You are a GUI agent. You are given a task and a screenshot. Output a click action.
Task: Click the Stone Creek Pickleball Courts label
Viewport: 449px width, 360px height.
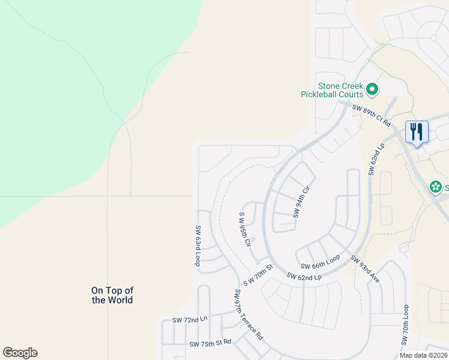click(332, 91)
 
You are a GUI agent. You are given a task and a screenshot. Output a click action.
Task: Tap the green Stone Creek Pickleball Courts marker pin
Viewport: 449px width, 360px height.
click(372, 90)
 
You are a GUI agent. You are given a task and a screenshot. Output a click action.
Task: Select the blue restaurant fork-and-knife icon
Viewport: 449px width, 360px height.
click(417, 132)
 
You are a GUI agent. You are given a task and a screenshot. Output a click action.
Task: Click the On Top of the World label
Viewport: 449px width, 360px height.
click(112, 295)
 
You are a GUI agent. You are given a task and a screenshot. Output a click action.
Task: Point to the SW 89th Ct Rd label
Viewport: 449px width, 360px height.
click(372, 116)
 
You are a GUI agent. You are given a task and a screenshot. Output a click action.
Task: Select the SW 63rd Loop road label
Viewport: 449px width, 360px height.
click(197, 245)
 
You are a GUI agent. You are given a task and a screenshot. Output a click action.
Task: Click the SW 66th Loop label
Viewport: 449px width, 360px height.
click(321, 262)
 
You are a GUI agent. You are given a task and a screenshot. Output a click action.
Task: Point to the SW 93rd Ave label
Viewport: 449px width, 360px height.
click(366, 271)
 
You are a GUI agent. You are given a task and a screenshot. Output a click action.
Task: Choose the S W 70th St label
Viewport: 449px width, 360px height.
click(258, 274)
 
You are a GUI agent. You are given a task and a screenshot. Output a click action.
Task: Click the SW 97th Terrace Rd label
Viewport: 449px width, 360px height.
click(248, 314)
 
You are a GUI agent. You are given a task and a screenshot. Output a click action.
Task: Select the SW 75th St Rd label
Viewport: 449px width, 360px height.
click(210, 344)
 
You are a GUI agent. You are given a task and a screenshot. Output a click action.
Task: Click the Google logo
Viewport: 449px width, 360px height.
click(20, 353)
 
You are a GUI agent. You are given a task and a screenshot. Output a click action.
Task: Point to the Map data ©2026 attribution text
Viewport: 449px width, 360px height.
click(423, 355)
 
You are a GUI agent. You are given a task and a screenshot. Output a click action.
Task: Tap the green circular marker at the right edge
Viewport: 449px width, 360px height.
click(435, 188)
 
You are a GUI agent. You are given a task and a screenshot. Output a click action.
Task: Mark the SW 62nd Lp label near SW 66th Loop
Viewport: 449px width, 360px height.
click(304, 277)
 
